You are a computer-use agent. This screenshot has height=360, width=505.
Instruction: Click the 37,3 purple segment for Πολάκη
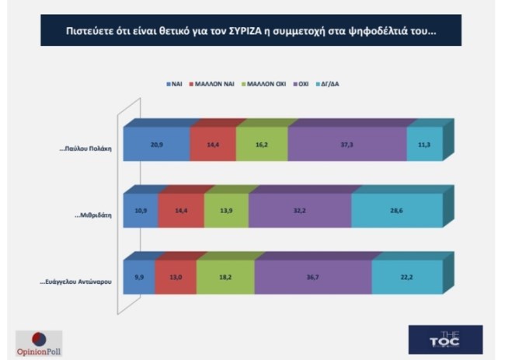[347, 145]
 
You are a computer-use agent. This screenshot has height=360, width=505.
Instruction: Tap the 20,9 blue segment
[155, 145]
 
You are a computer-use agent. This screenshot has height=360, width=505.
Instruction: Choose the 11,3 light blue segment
[427, 145]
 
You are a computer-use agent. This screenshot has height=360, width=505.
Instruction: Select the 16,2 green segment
[262, 145]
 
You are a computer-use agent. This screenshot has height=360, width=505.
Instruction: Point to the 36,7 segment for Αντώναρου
[312, 278]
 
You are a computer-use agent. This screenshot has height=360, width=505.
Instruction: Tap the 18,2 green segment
[225, 278]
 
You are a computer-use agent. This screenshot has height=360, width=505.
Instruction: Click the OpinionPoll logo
[38, 341]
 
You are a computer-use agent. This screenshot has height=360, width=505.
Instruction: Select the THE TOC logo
[445, 339]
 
